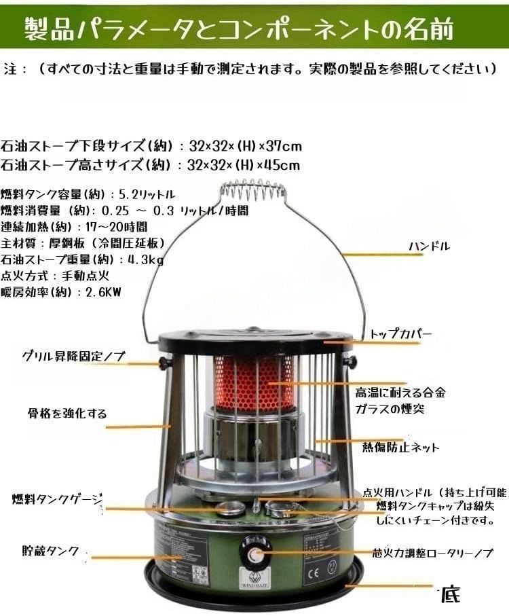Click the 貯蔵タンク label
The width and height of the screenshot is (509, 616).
coord(50,550)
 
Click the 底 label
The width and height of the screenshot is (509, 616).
coord(450,596)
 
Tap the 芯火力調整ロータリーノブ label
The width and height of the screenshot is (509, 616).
coord(433,554)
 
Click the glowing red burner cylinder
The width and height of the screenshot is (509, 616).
coord(254,384)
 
